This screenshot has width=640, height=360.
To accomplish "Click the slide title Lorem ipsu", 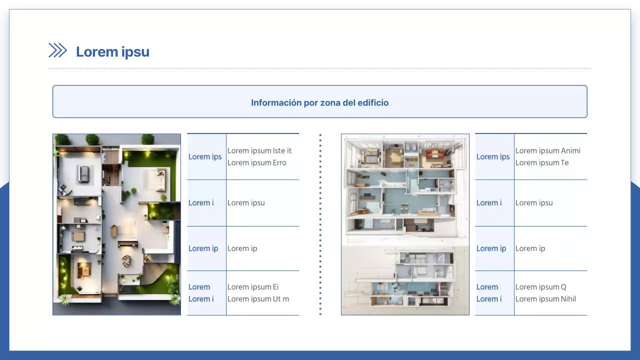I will point(112,52).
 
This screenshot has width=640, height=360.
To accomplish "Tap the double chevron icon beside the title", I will point(57,50).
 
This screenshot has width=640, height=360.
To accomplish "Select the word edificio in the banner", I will point(373,103).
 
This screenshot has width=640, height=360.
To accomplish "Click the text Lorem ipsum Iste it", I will point(259,150).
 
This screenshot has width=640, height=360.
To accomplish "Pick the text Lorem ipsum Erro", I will point(257,162).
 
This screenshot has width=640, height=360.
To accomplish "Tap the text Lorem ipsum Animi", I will point(548,150).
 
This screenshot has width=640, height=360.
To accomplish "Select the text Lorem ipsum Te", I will point(542,162).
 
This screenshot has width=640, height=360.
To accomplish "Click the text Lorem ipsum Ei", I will point(253,287).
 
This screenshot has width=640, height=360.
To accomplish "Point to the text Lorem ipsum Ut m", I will point(258,299).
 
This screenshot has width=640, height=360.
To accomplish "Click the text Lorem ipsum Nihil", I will point(545,299).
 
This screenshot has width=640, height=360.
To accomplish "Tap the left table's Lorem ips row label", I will point(205,157).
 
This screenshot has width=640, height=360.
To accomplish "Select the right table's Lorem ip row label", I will point(491,248).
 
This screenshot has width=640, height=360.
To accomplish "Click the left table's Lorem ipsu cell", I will point(246,203).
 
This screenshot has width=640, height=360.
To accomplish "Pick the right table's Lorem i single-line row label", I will point(489,203).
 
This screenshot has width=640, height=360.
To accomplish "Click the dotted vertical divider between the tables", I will point(320,224).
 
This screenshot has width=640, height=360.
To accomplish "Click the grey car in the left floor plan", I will point(83,173).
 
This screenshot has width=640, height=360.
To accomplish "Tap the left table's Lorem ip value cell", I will point(242,248).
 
